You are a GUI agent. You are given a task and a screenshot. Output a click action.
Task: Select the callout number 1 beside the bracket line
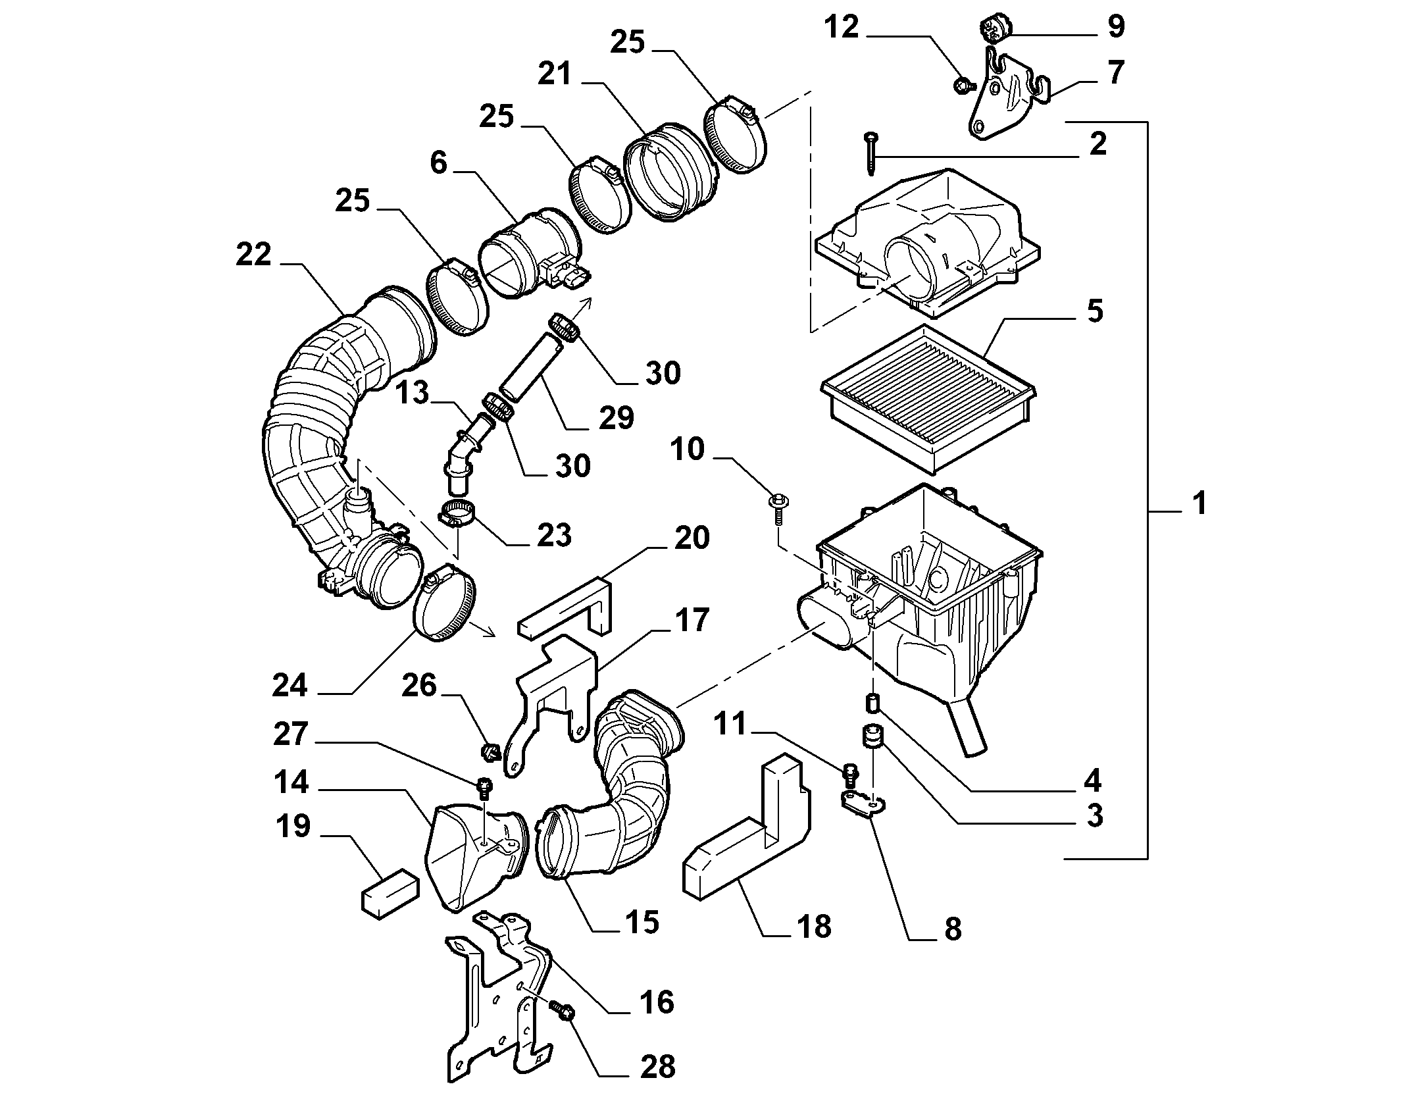(1199, 503)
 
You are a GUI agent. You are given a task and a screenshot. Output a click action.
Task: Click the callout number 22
(254, 255)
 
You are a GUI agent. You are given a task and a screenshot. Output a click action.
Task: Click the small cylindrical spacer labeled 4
(872, 703)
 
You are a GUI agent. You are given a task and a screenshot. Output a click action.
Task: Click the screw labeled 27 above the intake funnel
(485, 786)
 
